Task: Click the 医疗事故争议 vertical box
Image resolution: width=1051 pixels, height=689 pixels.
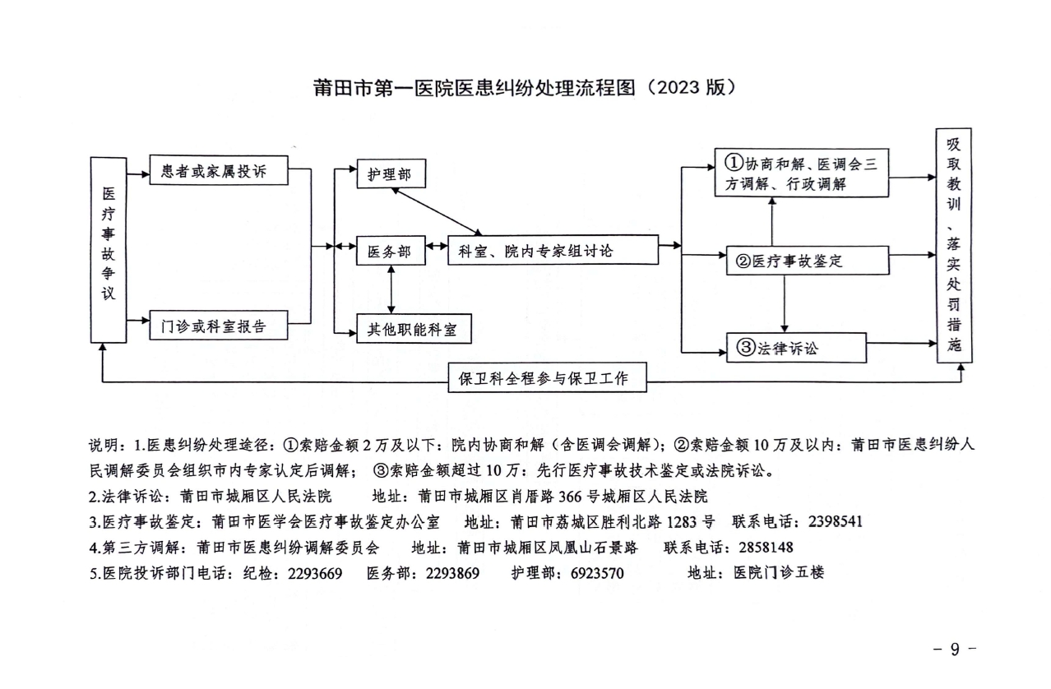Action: point(108,249)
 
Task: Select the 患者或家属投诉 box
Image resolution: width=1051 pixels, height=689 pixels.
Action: point(219,172)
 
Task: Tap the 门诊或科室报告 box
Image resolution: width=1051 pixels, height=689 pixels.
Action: point(219,326)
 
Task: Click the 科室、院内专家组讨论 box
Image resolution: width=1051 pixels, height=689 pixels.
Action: point(553,250)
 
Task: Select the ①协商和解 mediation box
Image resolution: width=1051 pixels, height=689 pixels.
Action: point(801,173)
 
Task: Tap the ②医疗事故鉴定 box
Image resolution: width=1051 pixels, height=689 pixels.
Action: point(805,261)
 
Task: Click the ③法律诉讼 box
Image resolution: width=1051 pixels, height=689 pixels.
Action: point(795,348)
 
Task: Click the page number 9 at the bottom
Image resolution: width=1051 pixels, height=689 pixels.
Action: point(955,650)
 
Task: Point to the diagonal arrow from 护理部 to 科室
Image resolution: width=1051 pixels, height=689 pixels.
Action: point(435,211)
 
